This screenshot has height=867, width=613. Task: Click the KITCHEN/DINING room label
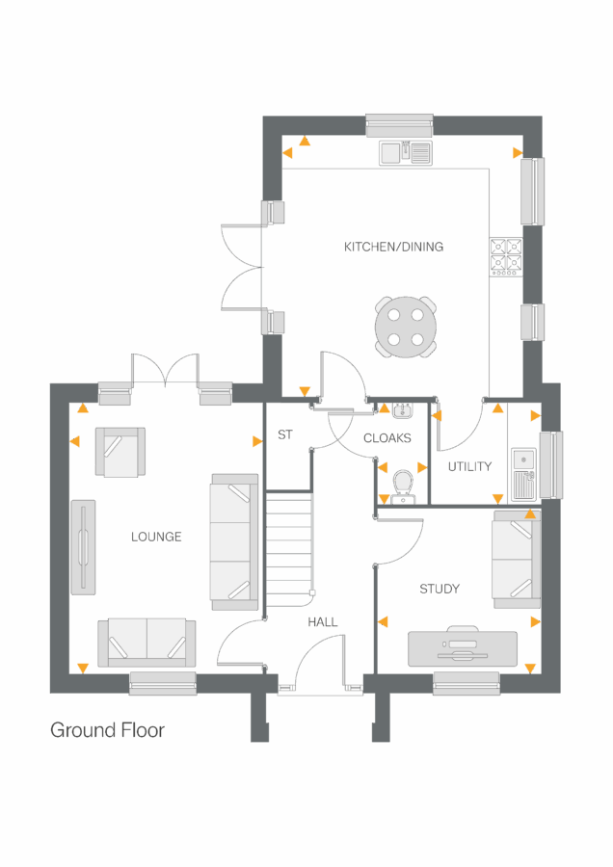coord(393,247)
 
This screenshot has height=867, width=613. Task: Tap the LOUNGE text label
coord(156,537)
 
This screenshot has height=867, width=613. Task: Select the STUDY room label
coord(439,589)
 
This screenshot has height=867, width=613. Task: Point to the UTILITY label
coord(469,466)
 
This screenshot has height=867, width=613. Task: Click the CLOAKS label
coord(386,438)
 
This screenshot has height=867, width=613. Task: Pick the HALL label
coord(322,622)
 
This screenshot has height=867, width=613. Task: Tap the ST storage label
coord(284,435)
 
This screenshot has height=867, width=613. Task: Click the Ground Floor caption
coord(107,730)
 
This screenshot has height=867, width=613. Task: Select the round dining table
coord(405,327)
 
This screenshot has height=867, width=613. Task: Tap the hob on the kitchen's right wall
coord(506,256)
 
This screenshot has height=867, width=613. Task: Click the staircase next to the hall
coord(289,544)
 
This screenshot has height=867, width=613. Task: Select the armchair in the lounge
coord(120,452)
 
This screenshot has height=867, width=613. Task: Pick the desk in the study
coord(462,648)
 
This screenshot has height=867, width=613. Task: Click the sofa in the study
coord(516,560)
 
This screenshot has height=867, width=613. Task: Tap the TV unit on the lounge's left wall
coord(83,546)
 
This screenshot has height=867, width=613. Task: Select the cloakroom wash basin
coord(402,411)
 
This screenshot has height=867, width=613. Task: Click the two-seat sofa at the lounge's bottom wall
coord(147,643)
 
